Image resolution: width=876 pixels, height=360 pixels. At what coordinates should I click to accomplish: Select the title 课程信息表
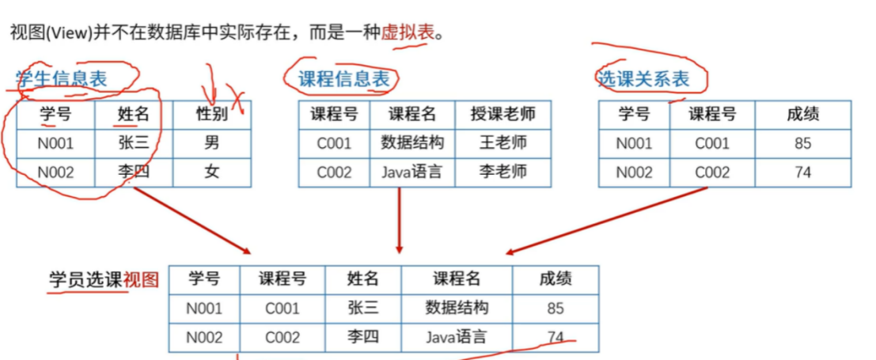click(343, 78)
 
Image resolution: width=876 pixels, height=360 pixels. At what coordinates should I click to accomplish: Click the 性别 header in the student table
click(211, 114)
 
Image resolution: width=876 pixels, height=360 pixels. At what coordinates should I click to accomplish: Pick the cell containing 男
click(211, 143)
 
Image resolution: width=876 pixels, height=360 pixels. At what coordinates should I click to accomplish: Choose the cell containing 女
click(211, 172)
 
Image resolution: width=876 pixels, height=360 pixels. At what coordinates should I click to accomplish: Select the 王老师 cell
click(502, 143)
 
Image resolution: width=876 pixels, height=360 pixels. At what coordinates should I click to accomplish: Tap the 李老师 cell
click(502, 172)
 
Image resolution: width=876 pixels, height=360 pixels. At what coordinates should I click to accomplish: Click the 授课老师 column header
click(502, 114)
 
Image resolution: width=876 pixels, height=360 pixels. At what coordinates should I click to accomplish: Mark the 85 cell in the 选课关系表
click(802, 143)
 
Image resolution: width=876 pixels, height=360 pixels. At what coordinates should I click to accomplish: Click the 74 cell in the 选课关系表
click(802, 172)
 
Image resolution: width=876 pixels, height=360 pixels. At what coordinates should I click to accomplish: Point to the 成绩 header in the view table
click(556, 279)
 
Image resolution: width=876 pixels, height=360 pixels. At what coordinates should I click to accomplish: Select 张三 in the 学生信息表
click(133, 143)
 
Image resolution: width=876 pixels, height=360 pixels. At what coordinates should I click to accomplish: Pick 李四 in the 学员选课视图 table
click(363, 337)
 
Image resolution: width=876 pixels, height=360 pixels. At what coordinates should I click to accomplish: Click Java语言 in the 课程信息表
click(411, 172)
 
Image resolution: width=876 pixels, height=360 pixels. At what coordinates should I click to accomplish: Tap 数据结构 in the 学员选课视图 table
click(457, 308)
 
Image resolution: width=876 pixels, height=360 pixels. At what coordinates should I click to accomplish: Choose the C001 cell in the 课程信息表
click(334, 143)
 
